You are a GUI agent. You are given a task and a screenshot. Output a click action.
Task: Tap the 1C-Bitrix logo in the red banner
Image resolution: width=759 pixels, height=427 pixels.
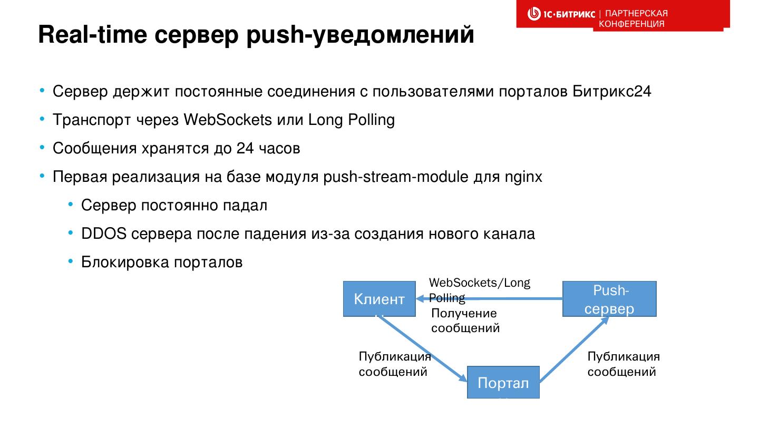pos(561,14)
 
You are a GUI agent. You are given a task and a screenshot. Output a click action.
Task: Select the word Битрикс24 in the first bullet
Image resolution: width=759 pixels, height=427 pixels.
pos(612,91)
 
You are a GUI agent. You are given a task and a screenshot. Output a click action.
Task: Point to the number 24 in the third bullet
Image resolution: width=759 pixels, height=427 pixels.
pos(245,148)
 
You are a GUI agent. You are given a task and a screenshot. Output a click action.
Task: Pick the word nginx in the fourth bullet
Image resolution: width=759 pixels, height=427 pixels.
pos(523,177)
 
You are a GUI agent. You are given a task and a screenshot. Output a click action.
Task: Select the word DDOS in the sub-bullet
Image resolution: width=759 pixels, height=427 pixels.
pos(103,234)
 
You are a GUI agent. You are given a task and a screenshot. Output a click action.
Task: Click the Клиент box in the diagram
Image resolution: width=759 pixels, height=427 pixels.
pos(379,299)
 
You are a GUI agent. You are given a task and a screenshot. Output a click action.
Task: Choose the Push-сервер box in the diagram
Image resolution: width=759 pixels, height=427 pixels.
pos(609,299)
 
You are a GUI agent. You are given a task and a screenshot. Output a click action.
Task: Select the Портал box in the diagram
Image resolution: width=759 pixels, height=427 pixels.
pos(503,382)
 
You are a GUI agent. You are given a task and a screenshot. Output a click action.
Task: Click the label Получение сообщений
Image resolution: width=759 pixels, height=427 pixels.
pos(465,321)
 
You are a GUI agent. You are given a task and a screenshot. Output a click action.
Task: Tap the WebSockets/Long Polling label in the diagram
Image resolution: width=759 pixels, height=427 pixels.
pos(479,290)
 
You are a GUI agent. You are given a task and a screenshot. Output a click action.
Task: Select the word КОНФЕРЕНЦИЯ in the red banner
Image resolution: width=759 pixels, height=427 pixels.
pos(631,24)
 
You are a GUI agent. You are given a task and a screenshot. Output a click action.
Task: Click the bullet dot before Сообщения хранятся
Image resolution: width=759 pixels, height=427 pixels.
pos(42,148)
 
